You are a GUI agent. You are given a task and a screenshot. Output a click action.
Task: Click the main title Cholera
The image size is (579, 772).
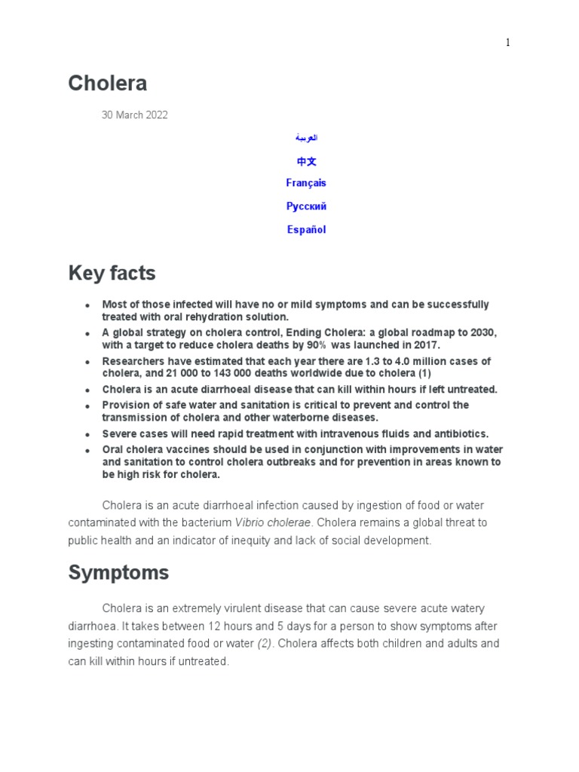tap(107, 83)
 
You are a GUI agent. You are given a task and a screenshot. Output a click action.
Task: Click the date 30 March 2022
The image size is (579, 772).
tap(135, 115)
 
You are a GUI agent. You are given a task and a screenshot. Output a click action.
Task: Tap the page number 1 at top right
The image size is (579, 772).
tap(508, 43)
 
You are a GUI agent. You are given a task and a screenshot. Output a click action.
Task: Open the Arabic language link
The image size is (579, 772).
tap(306, 138)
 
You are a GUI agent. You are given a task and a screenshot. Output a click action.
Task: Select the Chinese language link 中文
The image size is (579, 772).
tap(306, 161)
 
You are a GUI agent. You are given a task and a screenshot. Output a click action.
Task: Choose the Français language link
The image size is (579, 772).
tap(306, 183)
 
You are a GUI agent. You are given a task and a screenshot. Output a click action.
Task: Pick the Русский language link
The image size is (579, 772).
tap(306, 207)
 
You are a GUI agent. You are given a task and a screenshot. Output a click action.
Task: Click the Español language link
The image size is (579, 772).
tap(306, 230)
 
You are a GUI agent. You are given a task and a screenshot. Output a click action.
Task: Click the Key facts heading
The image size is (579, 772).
tap(112, 273)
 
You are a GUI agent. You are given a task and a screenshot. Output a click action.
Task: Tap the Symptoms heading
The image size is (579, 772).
tap(118, 573)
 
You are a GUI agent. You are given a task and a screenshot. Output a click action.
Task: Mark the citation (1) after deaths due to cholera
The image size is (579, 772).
tap(424, 374)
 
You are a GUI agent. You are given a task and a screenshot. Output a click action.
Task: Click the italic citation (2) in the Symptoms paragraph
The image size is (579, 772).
tap(265, 644)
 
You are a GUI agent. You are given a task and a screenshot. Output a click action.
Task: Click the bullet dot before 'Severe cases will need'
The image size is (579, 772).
tap(87, 435)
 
